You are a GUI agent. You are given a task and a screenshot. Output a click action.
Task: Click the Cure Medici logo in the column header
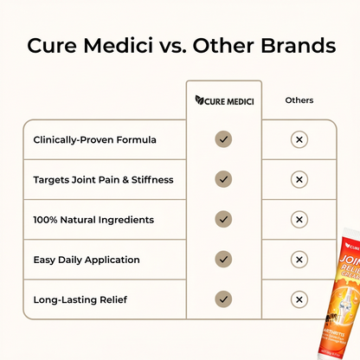(223, 101)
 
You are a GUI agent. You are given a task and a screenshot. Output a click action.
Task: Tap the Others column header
(299, 101)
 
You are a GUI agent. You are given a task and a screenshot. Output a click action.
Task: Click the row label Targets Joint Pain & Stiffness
(103, 179)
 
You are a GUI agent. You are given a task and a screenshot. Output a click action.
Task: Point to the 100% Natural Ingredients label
(93, 220)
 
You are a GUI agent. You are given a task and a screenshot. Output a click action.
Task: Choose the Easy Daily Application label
(87, 260)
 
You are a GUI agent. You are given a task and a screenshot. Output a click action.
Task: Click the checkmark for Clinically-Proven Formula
(223, 139)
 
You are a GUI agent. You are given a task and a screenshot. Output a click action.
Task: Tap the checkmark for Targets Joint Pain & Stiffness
(223, 179)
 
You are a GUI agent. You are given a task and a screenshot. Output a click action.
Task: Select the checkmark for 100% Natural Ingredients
(223, 220)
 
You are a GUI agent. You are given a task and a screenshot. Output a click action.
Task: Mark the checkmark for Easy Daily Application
(223, 260)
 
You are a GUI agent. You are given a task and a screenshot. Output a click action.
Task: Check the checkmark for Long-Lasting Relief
(223, 299)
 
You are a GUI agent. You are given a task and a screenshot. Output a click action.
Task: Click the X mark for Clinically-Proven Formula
(299, 139)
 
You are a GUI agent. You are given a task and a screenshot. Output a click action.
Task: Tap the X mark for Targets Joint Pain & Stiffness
(299, 179)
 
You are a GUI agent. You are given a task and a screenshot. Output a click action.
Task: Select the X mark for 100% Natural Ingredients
(299, 220)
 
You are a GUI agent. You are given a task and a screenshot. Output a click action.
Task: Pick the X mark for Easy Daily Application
(299, 260)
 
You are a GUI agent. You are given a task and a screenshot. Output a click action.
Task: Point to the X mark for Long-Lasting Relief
(299, 299)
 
